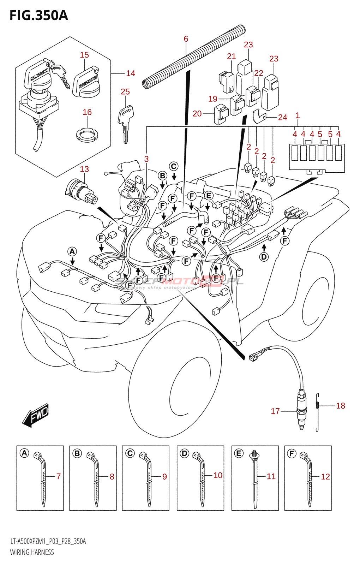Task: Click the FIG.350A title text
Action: tap(38, 16)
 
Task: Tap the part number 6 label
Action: tap(186, 39)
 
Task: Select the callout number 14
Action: tap(131, 73)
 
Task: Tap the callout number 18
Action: tap(341, 406)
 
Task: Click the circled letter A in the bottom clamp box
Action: tap(24, 453)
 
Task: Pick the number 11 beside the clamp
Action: tap(271, 476)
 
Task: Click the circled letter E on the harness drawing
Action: tap(209, 195)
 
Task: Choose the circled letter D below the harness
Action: tap(264, 257)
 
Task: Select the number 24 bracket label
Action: tap(283, 117)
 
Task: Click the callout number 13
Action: tap(84, 169)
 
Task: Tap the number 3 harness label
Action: tap(146, 159)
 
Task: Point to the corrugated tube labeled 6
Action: tap(194, 56)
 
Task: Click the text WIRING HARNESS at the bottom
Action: tap(32, 552)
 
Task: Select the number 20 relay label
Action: tap(197, 114)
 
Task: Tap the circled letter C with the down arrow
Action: tap(174, 166)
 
